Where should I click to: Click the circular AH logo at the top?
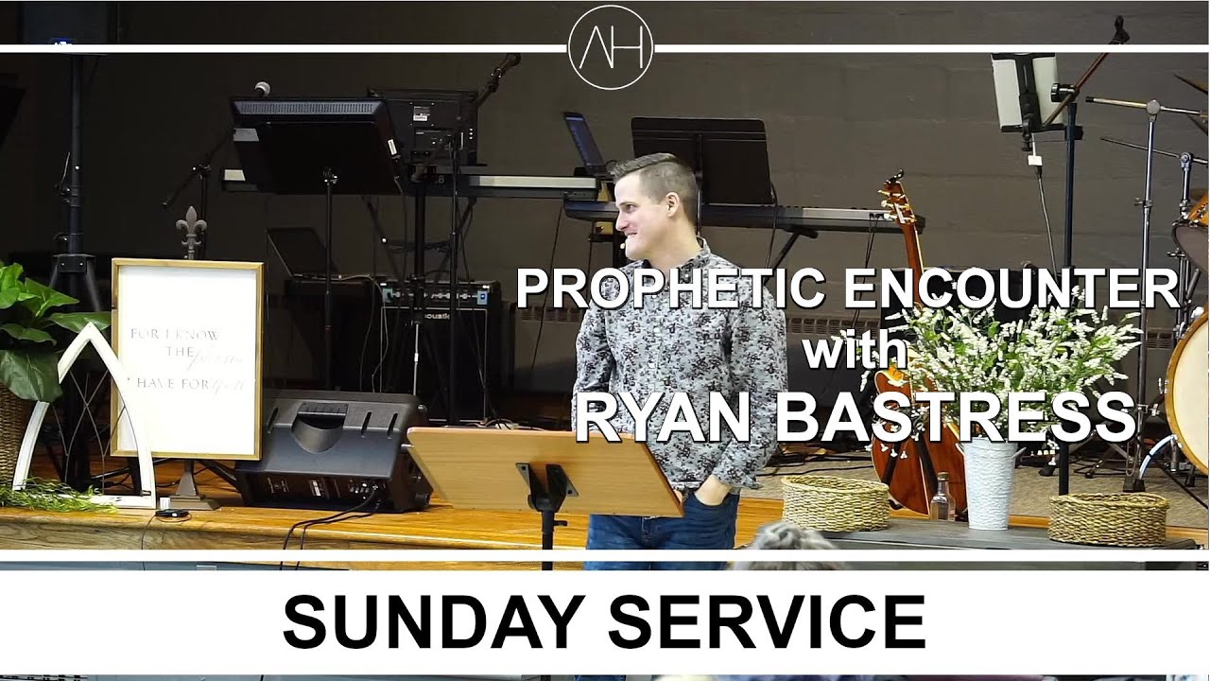611,47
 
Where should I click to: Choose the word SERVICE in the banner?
766,622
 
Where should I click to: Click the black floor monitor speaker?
331,449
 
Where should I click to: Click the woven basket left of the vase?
835,501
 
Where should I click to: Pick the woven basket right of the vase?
1108,517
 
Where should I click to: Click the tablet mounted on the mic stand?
1023,89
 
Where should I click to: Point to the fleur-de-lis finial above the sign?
190,230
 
